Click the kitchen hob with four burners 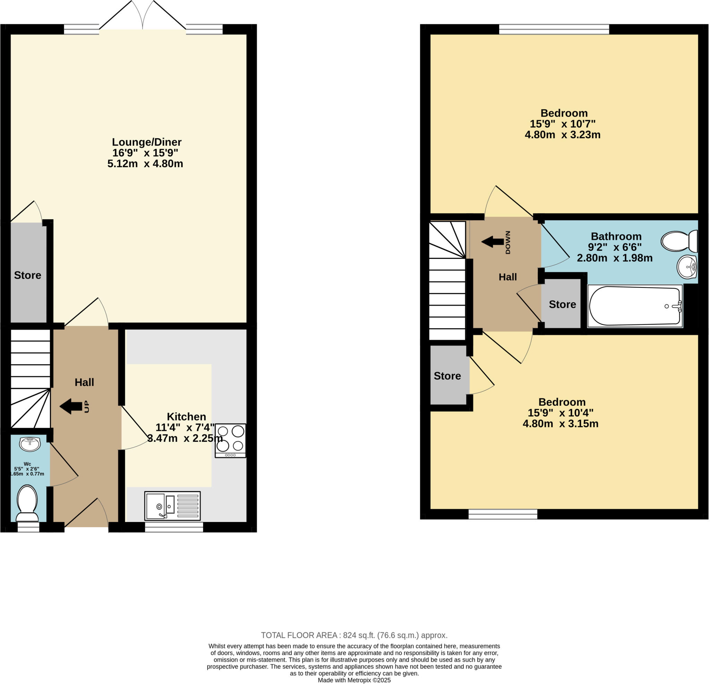[231, 441]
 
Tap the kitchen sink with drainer [172, 506]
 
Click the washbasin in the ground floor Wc [30, 444]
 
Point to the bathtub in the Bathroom [635, 306]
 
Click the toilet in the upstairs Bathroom [679, 241]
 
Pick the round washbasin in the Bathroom [687, 267]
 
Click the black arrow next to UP [71, 406]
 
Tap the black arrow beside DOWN [493, 242]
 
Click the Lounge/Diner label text [147, 142]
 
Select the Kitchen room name [186, 416]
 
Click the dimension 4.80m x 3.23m [563, 135]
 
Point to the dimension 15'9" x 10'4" [560, 413]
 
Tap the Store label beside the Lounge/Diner [27, 275]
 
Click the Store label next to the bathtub [562, 304]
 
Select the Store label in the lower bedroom [447, 376]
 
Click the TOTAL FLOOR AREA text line [354, 635]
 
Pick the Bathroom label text [616, 236]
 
